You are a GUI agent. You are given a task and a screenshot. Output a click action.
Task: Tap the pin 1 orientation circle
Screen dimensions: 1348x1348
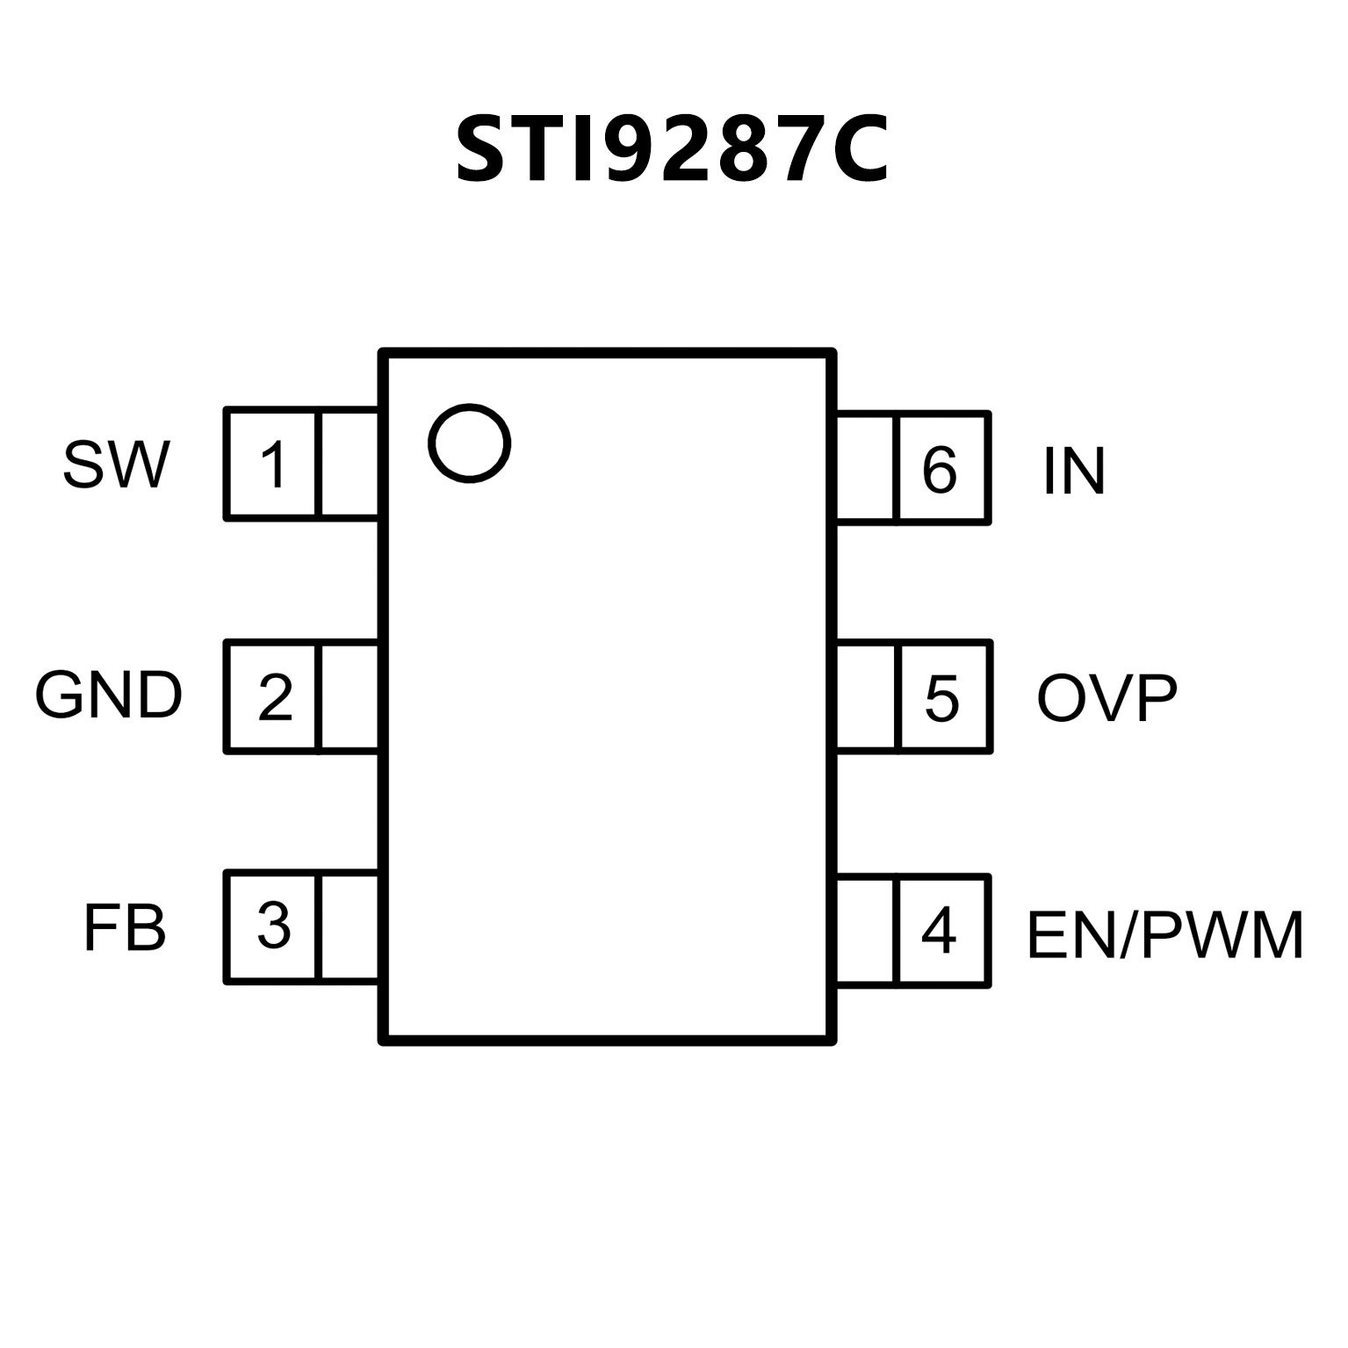(469, 443)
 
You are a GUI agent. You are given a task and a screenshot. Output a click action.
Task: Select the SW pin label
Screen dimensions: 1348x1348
(116, 465)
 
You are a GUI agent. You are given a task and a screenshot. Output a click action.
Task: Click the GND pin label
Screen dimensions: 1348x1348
(109, 696)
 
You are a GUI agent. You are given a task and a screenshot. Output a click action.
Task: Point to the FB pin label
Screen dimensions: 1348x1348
(125, 927)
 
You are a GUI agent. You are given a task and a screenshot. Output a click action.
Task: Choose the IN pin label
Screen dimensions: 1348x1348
(1073, 471)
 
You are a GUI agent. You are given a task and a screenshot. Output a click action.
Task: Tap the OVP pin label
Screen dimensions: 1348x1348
(1107, 698)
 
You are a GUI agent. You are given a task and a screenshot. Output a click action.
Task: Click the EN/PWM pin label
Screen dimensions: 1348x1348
(1164, 935)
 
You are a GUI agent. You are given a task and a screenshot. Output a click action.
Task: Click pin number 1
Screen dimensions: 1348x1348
(274, 465)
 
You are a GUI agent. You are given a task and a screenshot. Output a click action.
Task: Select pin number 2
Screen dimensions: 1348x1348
(275, 697)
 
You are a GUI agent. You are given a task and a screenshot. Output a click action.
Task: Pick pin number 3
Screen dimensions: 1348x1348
(274, 926)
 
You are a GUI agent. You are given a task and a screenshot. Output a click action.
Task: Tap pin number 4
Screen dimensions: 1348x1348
(939, 931)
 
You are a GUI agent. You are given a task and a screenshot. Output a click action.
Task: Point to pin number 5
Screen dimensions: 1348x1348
(941, 698)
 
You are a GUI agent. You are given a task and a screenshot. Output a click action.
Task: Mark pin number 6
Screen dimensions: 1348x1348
(939, 470)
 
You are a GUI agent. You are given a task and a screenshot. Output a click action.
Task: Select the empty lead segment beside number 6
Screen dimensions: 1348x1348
(865, 468)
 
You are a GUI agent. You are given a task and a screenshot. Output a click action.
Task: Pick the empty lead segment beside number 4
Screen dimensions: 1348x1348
(865, 931)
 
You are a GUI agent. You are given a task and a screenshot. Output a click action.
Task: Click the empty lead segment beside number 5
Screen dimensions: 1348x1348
(865, 697)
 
